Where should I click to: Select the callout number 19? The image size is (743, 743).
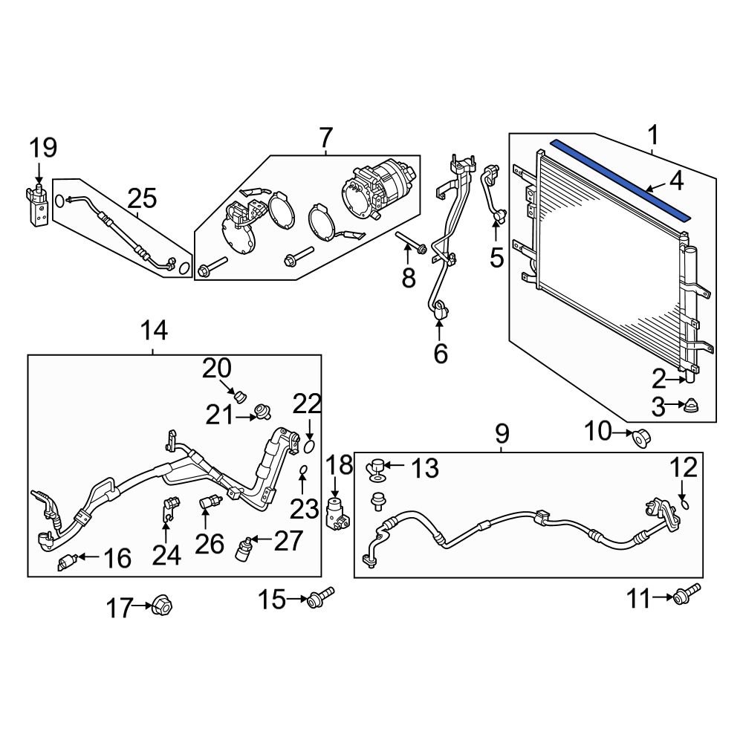point(43,148)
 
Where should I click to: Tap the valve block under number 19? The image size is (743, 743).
point(38,205)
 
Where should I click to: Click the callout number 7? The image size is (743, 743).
point(325,138)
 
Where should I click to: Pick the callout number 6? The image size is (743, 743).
point(441,354)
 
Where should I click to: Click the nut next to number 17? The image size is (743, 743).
point(160,607)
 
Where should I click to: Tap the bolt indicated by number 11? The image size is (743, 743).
point(684,596)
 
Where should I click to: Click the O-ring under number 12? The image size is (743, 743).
point(684,504)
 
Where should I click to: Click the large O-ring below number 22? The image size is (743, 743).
point(309,446)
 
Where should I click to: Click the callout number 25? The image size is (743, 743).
point(142,198)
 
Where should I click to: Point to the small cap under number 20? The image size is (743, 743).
point(239,395)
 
